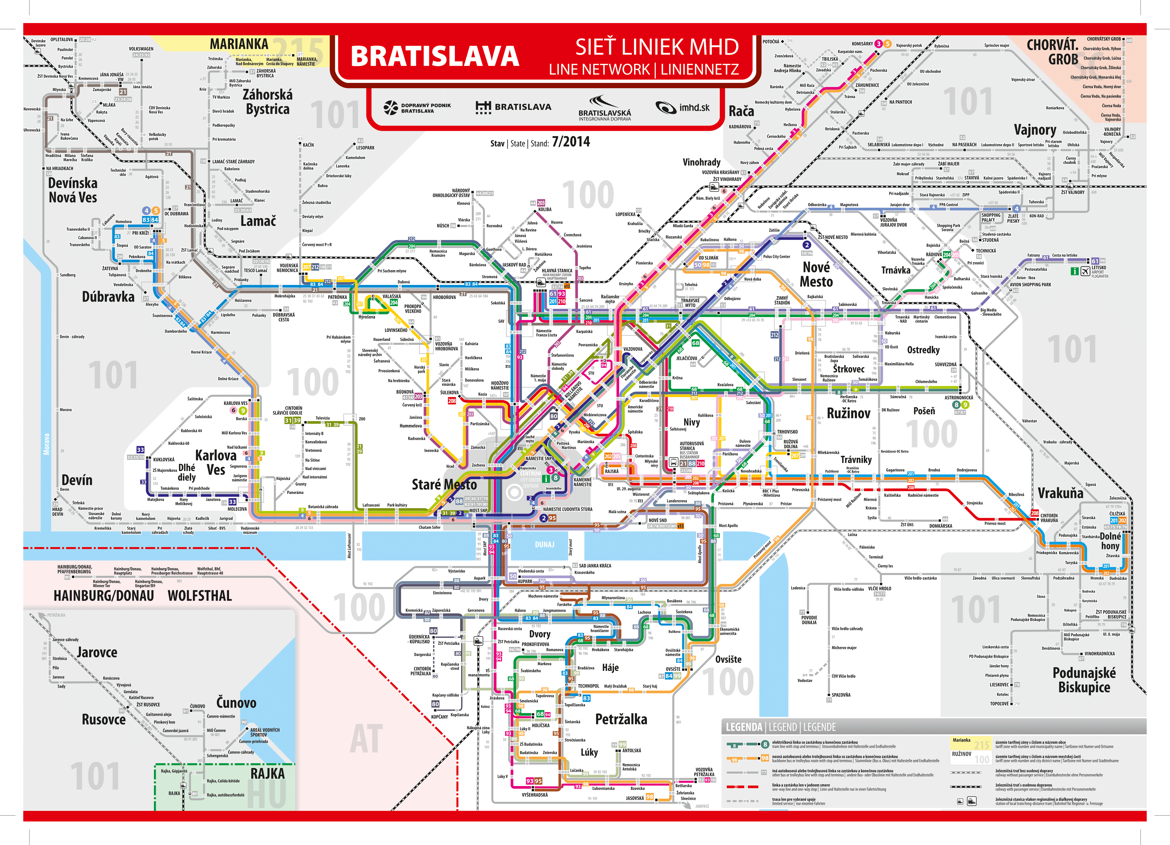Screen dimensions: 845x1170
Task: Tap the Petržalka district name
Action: [621, 719]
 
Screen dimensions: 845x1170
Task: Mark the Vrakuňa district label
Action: [1061, 493]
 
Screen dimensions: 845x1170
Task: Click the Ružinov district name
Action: [849, 413]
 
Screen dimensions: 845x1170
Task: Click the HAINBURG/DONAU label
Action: [104, 596]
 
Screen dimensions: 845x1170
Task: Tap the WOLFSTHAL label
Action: [200, 596]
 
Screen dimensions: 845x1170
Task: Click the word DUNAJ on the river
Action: [544, 545]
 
